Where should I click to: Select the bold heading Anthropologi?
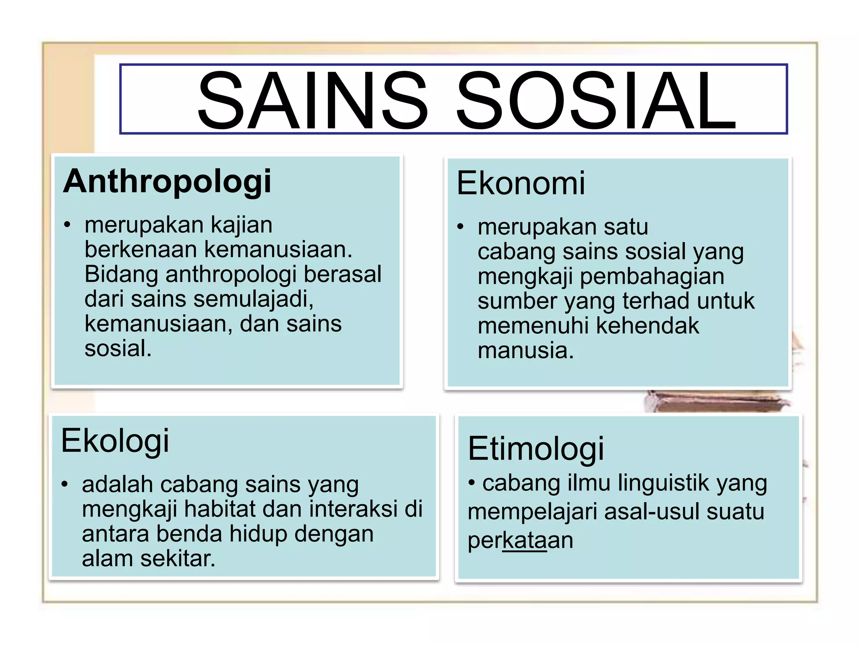click(167, 182)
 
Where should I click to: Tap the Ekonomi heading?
click(521, 184)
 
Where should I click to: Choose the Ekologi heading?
click(115, 441)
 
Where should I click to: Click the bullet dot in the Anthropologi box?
click(67, 225)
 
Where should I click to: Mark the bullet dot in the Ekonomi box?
click(461, 227)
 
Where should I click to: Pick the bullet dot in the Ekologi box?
click(64, 484)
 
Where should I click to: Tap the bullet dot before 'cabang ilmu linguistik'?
click(472, 483)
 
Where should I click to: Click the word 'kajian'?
click(241, 225)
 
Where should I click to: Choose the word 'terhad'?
click(656, 301)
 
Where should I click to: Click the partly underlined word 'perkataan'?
click(520, 540)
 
